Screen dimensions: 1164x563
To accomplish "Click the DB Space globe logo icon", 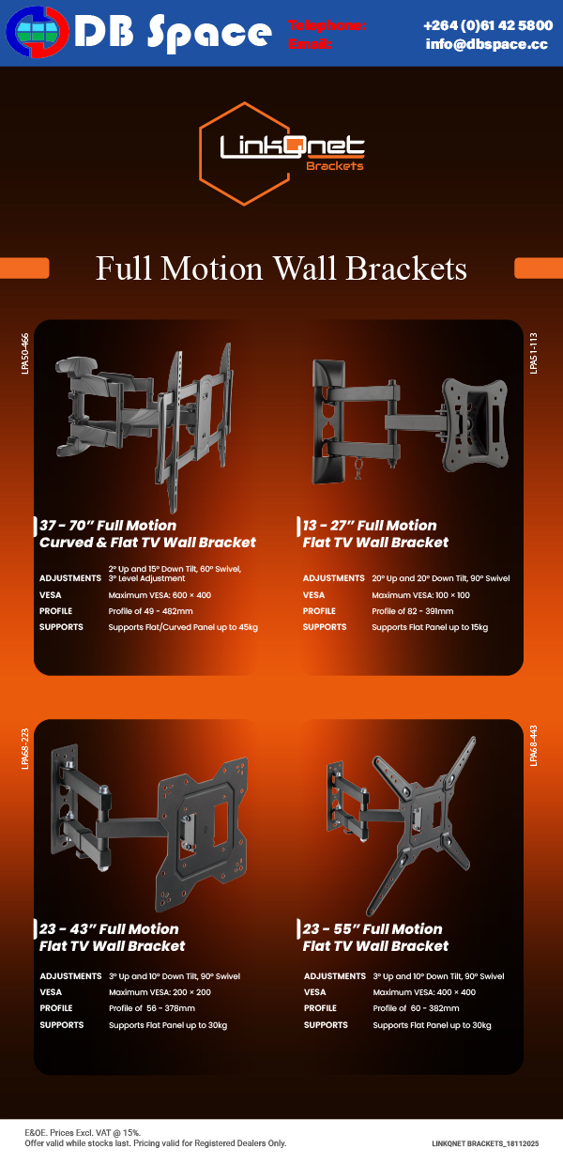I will pyautogui.click(x=37, y=33).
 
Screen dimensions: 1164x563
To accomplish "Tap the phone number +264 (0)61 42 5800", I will pyautogui.click(x=488, y=25).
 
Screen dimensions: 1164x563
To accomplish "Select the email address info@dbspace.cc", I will pyautogui.click(x=486, y=44).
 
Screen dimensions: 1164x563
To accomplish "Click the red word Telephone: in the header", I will pyautogui.click(x=327, y=25).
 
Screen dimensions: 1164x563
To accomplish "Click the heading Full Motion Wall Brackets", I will pyautogui.click(x=281, y=268).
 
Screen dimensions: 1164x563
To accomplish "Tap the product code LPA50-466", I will pyautogui.click(x=25, y=353).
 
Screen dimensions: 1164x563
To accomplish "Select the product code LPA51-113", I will pyautogui.click(x=534, y=353).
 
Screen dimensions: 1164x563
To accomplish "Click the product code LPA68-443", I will pyautogui.click(x=534, y=746).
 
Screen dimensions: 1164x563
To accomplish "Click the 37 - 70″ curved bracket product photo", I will pyautogui.click(x=145, y=422).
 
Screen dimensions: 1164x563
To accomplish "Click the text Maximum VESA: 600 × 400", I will pyautogui.click(x=160, y=595).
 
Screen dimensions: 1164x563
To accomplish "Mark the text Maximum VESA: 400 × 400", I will pyautogui.click(x=424, y=992).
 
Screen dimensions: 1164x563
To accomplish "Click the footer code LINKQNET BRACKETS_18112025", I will pyautogui.click(x=485, y=1144).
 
